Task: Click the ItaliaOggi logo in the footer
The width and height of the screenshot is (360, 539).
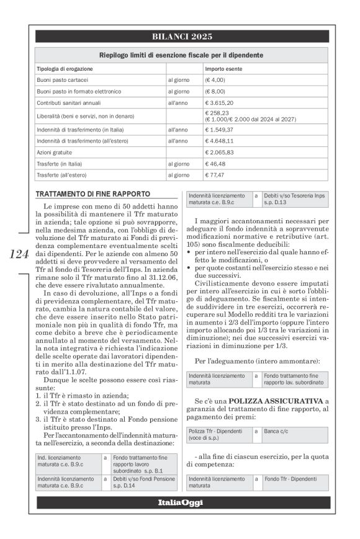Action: [179, 502]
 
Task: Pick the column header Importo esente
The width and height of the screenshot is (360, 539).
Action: [223, 69]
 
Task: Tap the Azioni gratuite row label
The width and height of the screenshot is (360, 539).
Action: [55, 152]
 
